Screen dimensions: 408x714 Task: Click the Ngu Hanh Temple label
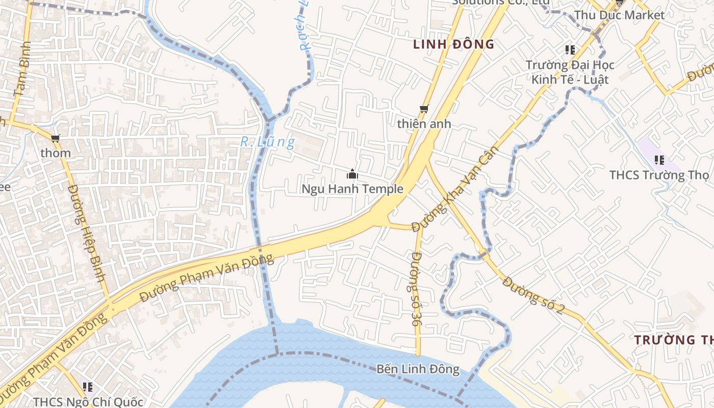point(352,189)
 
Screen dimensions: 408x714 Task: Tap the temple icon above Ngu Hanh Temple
point(352,175)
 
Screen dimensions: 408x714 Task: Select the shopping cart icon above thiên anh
point(423,109)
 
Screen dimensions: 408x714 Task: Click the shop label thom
point(56,153)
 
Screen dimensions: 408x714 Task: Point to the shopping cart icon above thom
point(56,138)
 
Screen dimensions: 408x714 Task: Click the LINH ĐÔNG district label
point(453,44)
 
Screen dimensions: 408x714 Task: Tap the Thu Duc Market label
point(620,15)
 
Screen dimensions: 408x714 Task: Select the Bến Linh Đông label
point(418,369)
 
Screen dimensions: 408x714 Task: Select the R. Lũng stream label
point(267,142)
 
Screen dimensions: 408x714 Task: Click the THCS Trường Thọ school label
point(659,175)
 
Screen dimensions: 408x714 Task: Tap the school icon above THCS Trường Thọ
point(659,160)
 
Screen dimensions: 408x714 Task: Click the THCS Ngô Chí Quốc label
point(88,402)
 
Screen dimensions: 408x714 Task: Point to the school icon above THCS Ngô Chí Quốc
point(88,387)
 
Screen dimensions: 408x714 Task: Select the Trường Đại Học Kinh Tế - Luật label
point(570,72)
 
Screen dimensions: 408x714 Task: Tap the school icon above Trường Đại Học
point(570,50)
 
